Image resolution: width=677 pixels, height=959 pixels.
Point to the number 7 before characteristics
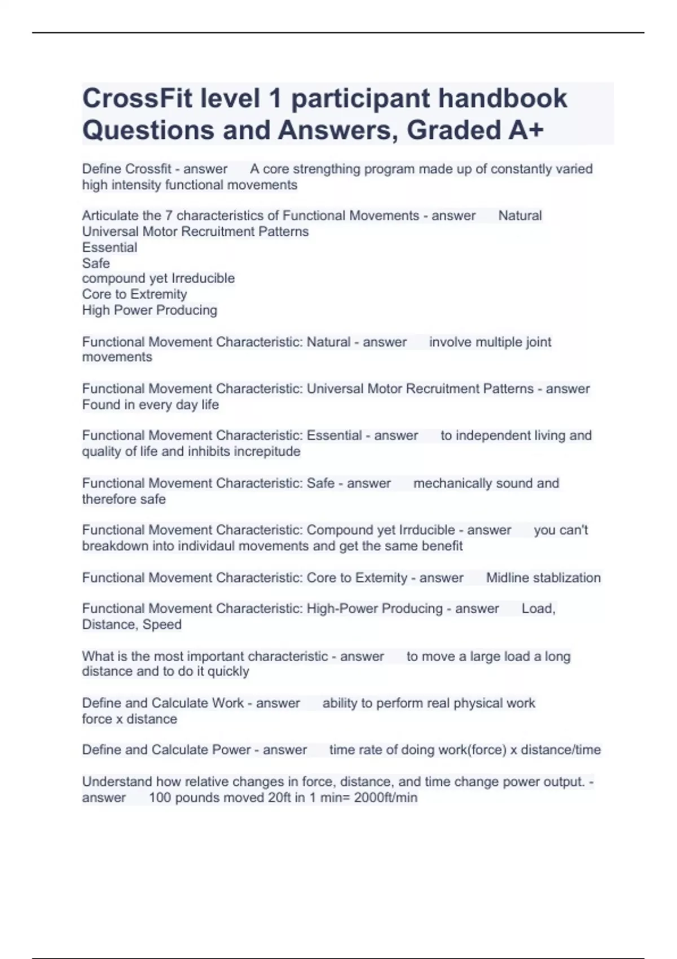[x=168, y=215]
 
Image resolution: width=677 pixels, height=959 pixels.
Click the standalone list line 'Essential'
[x=109, y=248]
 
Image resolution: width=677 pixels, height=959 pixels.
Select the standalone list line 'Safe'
[x=96, y=263]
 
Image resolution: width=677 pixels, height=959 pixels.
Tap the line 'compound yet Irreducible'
[x=158, y=279]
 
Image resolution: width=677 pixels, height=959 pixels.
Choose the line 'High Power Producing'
[x=150, y=310]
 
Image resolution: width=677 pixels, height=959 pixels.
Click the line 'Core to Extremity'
[x=134, y=294]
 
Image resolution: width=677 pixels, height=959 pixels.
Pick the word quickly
[x=228, y=672]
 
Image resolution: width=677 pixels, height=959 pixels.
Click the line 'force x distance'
[x=129, y=719]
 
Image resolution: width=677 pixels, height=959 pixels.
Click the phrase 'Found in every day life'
[x=150, y=404]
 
